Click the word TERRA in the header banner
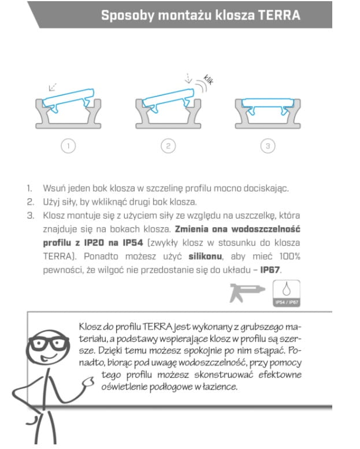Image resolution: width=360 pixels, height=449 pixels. (x=279, y=15)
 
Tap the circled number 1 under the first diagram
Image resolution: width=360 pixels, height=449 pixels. (x=68, y=146)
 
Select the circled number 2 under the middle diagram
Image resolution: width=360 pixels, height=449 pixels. (x=168, y=146)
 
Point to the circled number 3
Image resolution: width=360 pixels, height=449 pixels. (x=268, y=146)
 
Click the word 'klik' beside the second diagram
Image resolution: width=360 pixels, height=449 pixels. (x=208, y=80)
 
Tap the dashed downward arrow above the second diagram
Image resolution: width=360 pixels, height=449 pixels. (x=188, y=78)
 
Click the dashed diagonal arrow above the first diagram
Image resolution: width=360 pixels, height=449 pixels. (x=53, y=87)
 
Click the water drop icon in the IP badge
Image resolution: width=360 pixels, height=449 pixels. (x=287, y=289)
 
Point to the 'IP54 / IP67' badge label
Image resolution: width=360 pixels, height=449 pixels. (x=287, y=302)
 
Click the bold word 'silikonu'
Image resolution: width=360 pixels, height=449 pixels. (x=205, y=257)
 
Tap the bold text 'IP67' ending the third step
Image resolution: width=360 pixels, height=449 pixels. (x=270, y=270)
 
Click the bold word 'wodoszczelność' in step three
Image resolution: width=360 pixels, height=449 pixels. (x=266, y=229)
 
